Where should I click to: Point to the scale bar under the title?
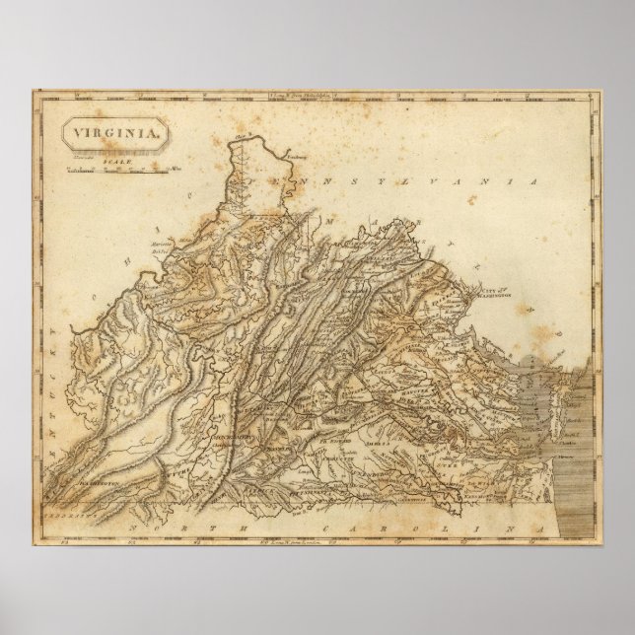click(115, 170)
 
